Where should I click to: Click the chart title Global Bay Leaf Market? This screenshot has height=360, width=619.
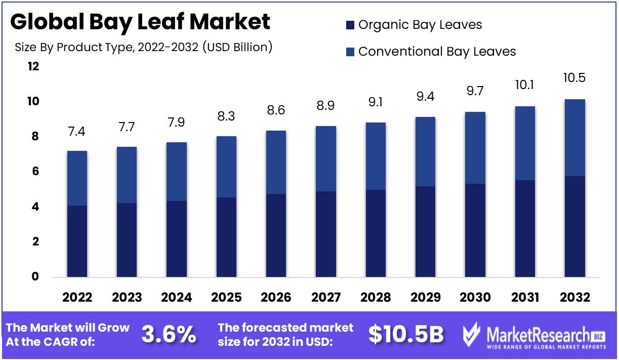coord(140,22)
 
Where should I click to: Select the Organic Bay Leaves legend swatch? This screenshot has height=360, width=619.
coord(350,25)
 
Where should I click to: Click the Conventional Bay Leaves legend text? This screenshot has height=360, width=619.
coord(437,52)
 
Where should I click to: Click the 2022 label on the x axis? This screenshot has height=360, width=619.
coord(77,298)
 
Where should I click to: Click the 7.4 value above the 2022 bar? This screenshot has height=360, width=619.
coord(77,132)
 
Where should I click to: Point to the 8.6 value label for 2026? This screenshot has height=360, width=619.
coord(276,110)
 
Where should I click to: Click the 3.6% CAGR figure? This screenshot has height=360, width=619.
coord(169,335)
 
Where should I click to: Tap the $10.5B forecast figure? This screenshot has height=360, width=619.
coord(406,335)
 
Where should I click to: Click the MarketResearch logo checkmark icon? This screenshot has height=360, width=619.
coord(473,335)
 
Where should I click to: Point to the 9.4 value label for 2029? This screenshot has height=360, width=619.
coord(425,97)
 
